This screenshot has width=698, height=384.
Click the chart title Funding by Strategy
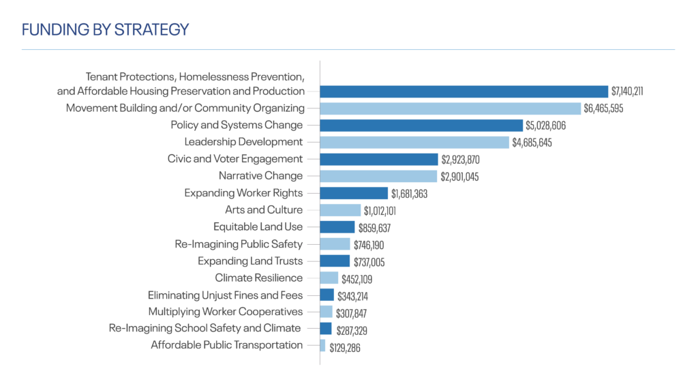coord(106,30)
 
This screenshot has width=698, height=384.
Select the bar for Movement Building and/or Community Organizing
coord(450,108)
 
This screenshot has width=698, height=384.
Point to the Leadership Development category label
coord(243,142)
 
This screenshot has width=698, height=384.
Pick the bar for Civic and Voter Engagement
coord(378,159)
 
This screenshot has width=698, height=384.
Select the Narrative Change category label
coord(260,176)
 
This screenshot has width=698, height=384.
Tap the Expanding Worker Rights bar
coord(353,193)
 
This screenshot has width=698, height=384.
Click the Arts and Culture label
coord(264,210)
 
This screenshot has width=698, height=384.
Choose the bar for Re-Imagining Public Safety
coord(335,244)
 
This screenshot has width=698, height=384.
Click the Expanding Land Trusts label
coord(250,261)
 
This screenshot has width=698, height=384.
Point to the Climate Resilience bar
coord(329,278)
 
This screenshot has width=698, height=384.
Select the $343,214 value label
coord(353,296)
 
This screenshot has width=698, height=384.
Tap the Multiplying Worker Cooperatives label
coord(226,312)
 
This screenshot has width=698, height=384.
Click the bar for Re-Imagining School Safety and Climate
coord(326,329)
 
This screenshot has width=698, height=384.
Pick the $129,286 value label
coord(344,347)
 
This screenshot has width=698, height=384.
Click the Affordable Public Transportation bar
coord(322,346)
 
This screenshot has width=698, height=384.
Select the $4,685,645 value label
coord(534,143)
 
